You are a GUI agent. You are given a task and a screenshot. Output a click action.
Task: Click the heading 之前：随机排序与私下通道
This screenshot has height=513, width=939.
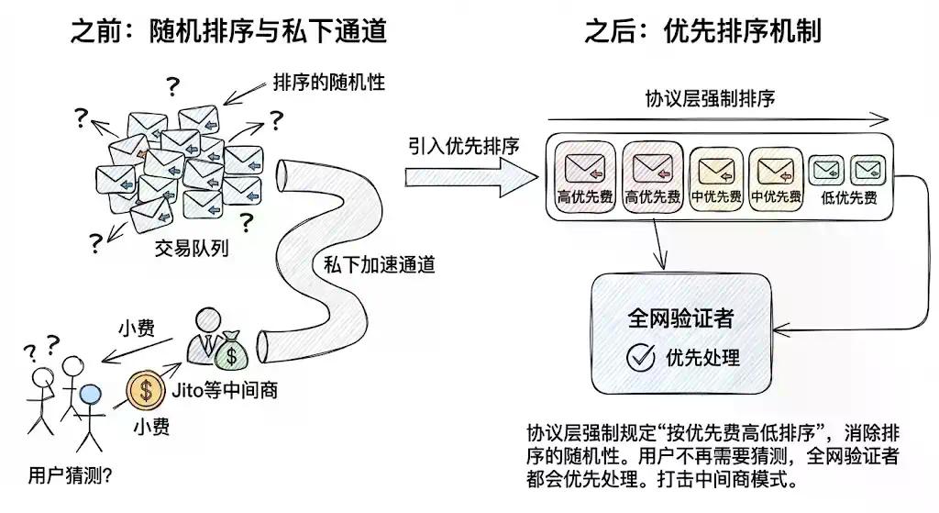click(228, 31)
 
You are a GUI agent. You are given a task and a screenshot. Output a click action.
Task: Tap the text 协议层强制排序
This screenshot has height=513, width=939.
click(710, 98)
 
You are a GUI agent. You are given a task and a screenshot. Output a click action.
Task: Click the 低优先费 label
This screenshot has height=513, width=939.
click(848, 196)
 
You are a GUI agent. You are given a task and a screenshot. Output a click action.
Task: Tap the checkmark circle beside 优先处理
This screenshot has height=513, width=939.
click(640, 358)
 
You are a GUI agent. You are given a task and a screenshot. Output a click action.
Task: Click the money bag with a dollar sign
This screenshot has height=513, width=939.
click(232, 353)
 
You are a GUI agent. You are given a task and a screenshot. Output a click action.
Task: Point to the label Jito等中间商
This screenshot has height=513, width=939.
click(225, 391)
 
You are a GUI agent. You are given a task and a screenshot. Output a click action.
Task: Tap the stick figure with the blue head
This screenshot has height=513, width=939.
click(89, 414)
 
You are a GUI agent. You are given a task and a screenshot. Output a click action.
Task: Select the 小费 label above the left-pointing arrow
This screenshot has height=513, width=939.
click(138, 328)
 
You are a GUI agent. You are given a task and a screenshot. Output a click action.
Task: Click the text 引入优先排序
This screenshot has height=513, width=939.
click(464, 146)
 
